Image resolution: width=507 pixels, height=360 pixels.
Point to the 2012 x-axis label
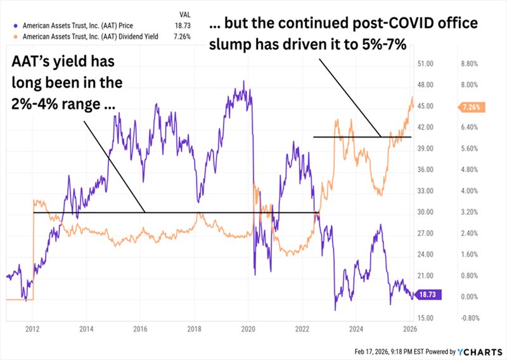tap(32, 329)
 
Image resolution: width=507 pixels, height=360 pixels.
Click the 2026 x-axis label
tap(409, 329)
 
